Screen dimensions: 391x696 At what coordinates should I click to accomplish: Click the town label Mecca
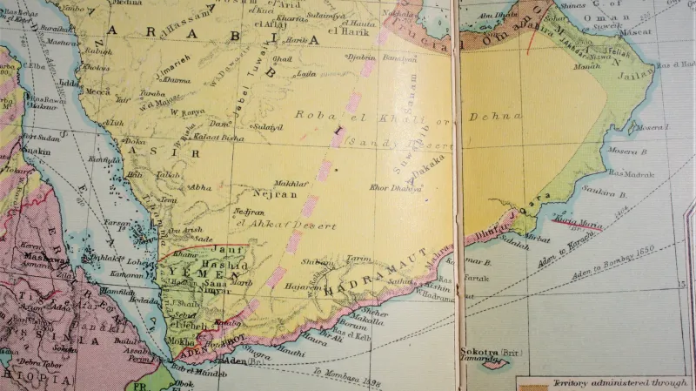(97, 91)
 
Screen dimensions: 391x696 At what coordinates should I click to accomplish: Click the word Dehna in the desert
(497, 116)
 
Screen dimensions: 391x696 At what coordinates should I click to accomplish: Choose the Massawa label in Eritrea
(37, 259)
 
